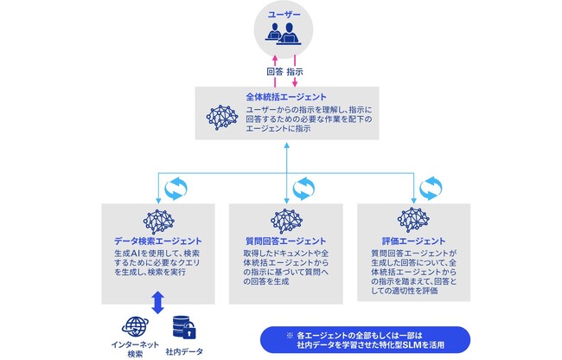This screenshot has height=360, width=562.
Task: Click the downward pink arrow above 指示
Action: click(x=294, y=59)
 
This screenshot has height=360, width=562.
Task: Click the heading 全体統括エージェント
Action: click(x=285, y=97)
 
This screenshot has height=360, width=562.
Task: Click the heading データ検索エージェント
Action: click(x=158, y=240)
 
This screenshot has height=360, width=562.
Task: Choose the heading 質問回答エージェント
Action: click(x=285, y=240)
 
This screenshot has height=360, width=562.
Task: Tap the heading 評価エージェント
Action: click(x=413, y=240)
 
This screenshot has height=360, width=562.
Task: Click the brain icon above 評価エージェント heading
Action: click(x=413, y=220)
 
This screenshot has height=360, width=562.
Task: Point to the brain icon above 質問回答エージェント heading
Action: click(x=285, y=220)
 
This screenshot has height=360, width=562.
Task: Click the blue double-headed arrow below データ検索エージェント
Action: click(x=157, y=303)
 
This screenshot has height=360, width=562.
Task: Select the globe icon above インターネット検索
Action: click(x=135, y=328)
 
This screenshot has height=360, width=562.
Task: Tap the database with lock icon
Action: click(x=182, y=327)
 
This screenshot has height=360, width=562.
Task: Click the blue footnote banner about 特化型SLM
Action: click(x=364, y=338)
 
